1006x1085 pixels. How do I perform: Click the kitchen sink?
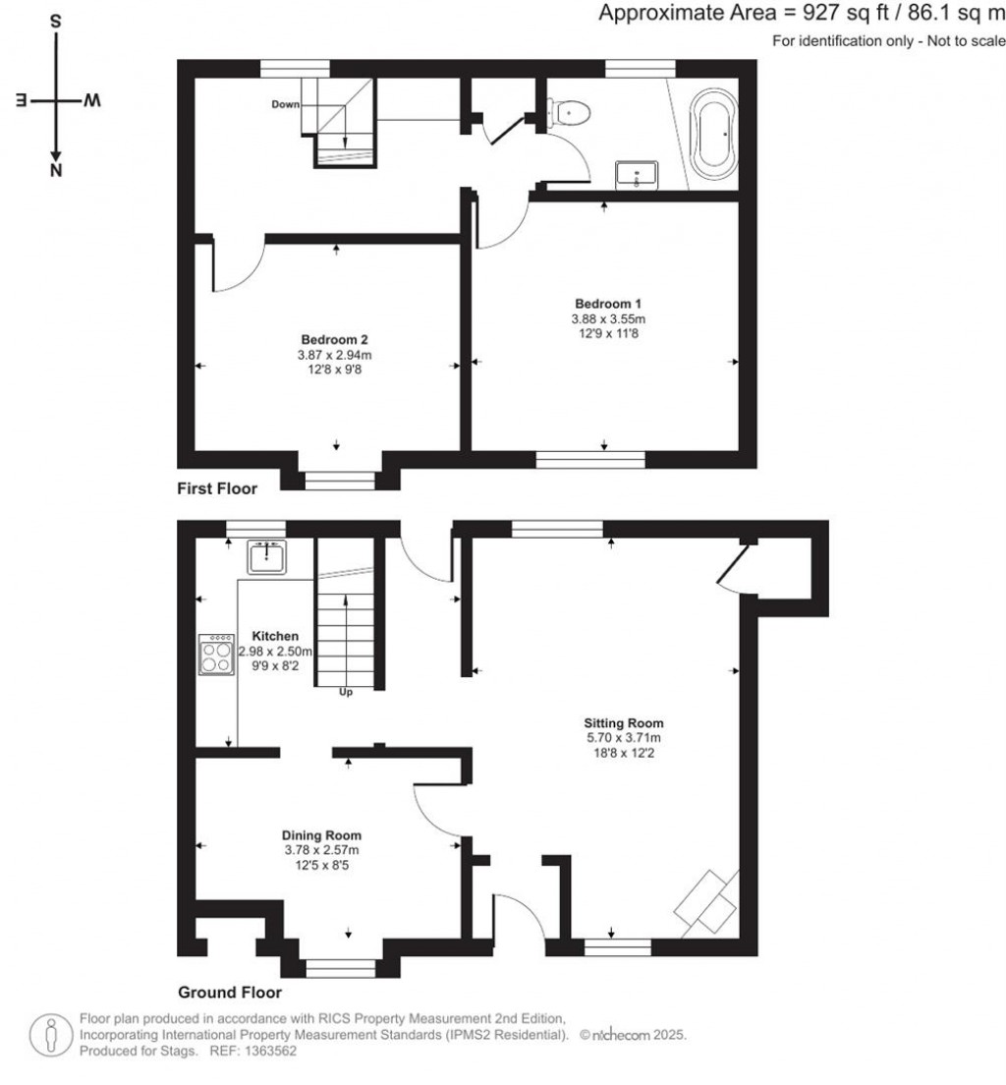266,557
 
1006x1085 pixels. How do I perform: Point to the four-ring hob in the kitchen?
217,654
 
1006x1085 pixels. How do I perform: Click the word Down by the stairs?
285,103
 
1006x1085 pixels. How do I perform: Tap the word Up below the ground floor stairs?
346,692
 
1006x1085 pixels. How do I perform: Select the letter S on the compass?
56,22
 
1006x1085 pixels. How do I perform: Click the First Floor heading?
216,488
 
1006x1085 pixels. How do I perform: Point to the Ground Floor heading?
229,993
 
